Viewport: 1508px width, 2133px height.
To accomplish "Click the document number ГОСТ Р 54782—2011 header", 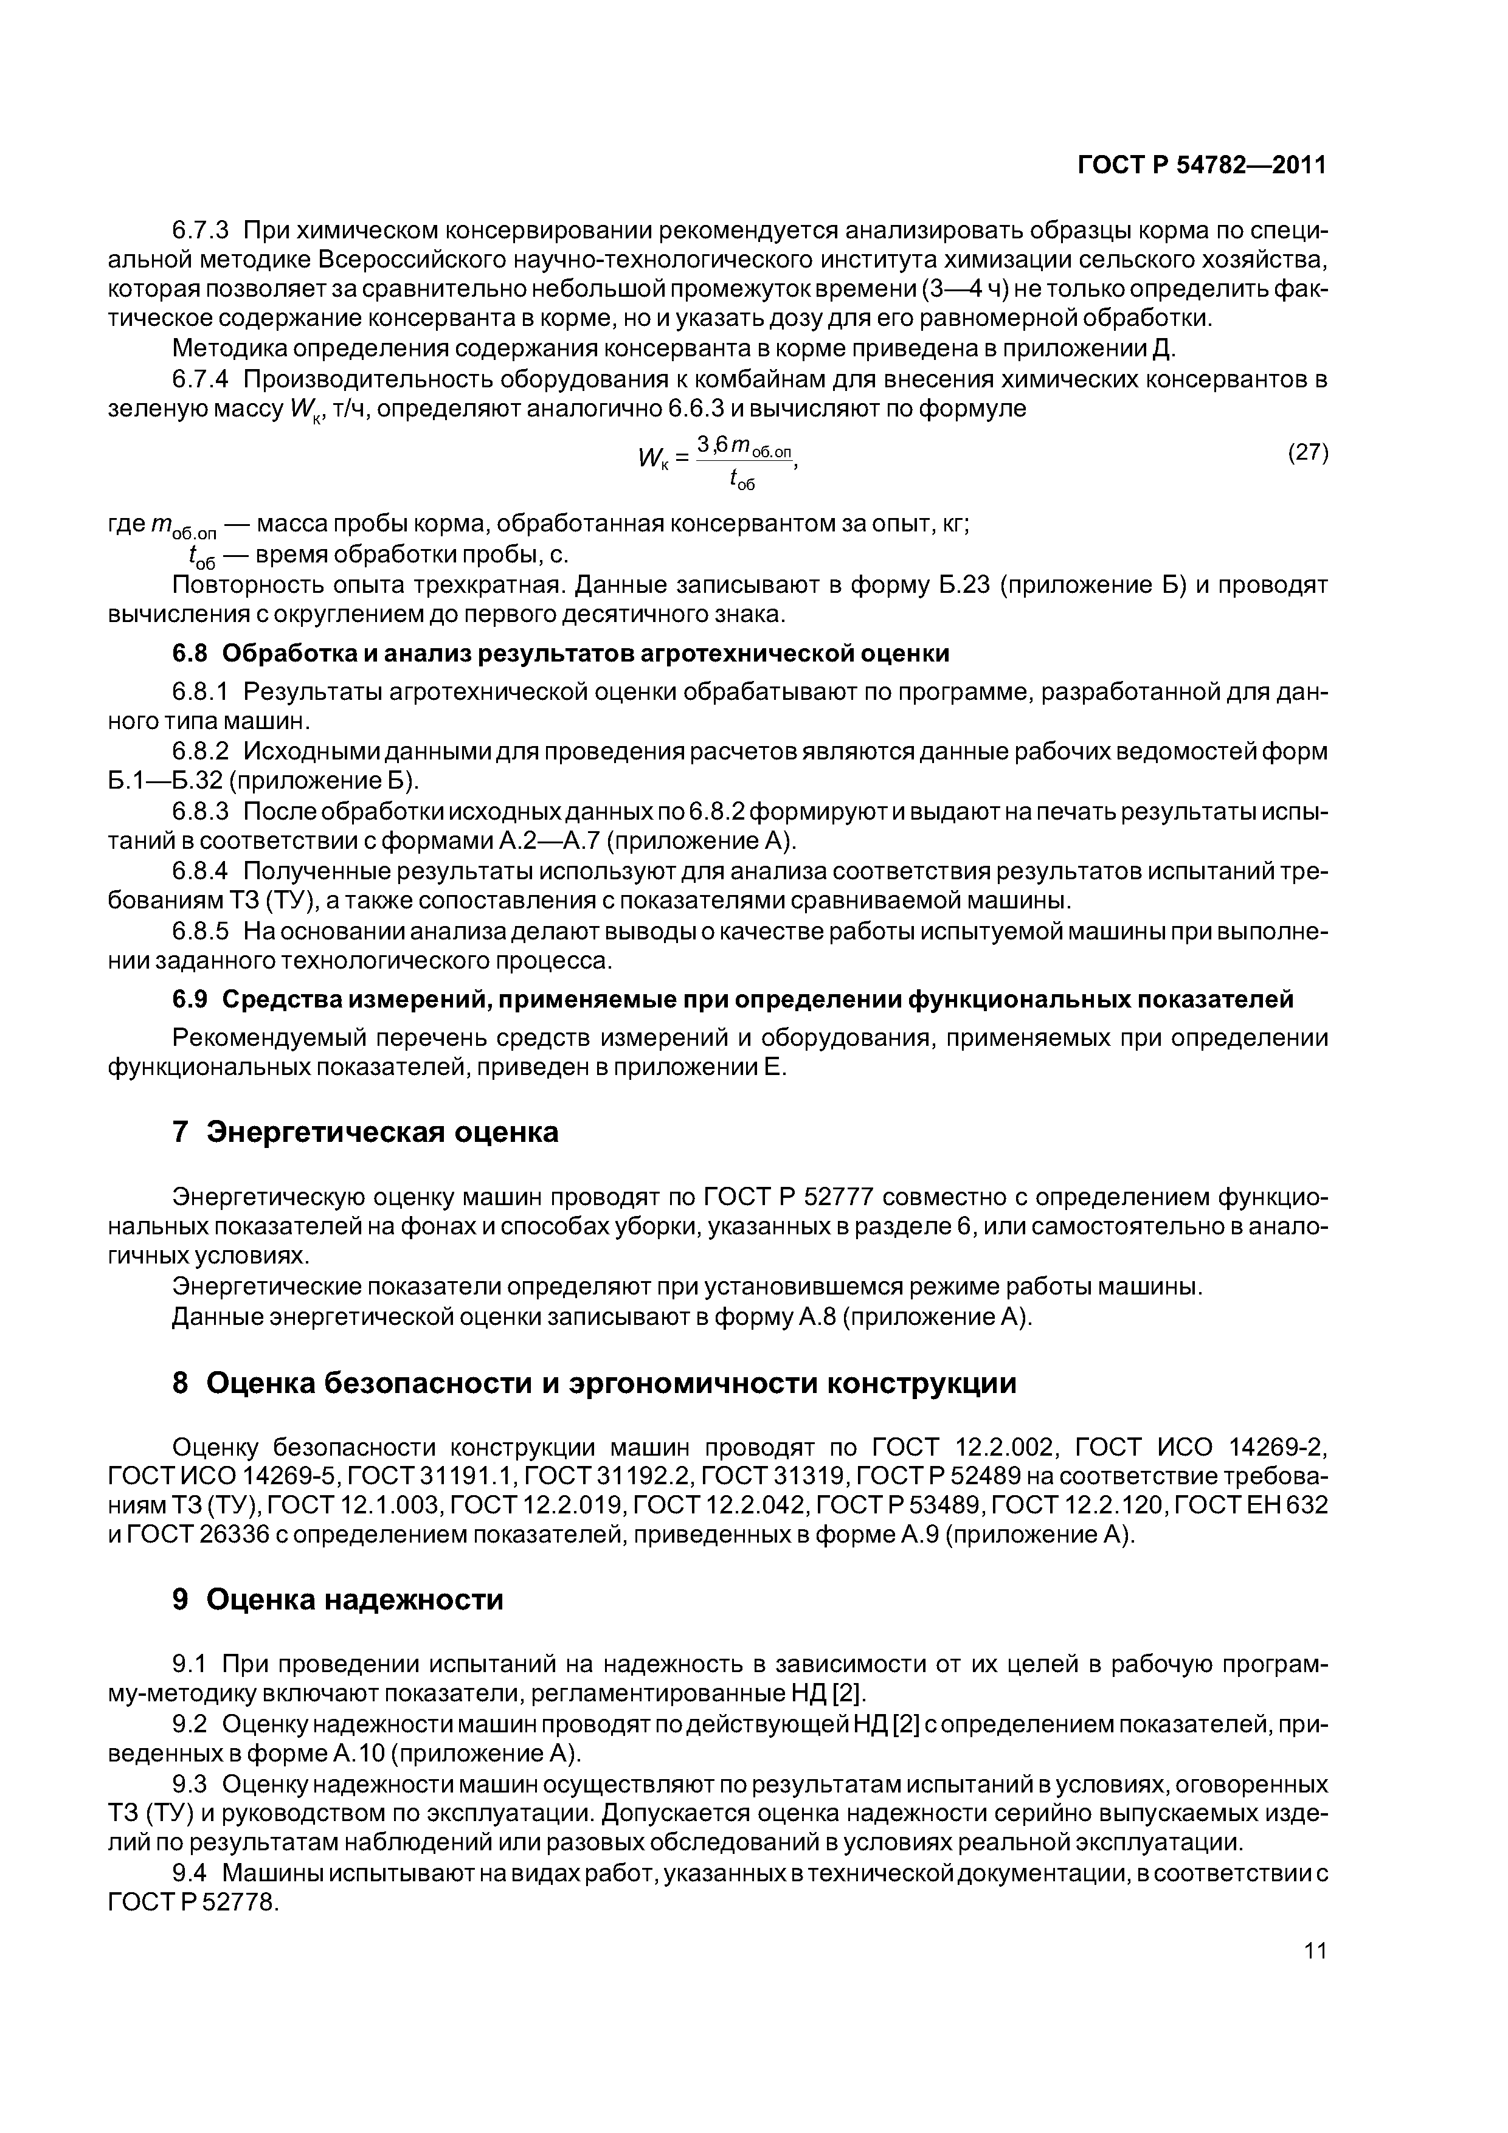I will pos(1202,165).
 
